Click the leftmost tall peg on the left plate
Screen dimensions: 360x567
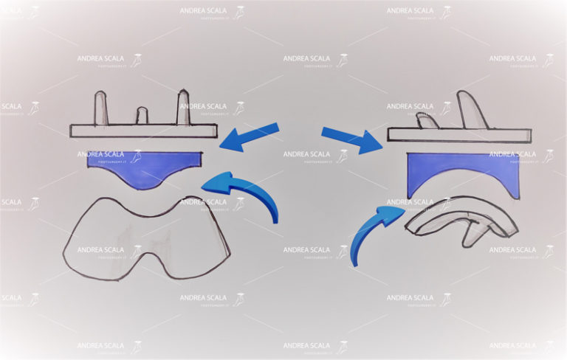click(x=101, y=108)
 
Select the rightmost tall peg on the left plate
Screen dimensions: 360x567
click(x=183, y=108)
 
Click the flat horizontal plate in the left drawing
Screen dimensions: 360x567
click(x=144, y=131)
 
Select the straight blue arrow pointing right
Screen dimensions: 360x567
click(x=351, y=139)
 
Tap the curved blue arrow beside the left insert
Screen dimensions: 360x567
click(x=244, y=193)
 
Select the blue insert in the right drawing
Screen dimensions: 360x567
click(x=462, y=173)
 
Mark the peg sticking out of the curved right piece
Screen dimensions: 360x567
click(x=472, y=235)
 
